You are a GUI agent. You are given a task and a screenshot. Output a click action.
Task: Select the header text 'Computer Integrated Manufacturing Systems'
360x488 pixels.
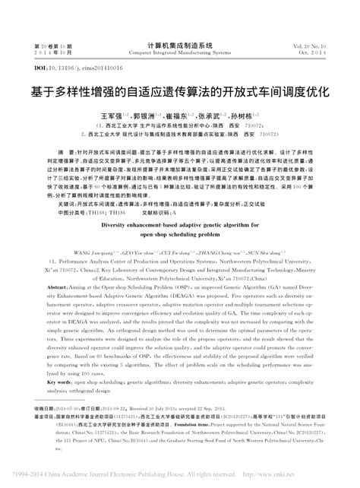[179, 55]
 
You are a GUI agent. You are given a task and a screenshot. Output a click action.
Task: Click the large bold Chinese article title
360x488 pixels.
[180, 89]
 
